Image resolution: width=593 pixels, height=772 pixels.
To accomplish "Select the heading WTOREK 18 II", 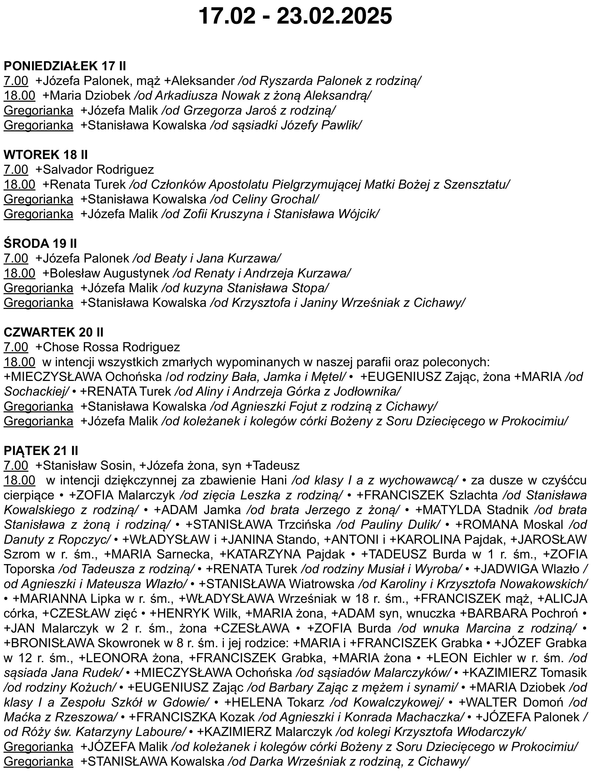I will pyautogui.click(x=46, y=154).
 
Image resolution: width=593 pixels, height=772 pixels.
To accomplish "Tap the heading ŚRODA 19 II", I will pyautogui.click(x=40, y=243).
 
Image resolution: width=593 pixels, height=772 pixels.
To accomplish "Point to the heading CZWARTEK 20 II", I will pyautogui.click(x=54, y=332).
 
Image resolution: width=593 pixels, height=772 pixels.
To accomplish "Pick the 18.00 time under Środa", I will pyautogui.click(x=20, y=273).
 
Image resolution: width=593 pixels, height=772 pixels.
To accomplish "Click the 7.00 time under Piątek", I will pyautogui.click(x=16, y=465).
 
